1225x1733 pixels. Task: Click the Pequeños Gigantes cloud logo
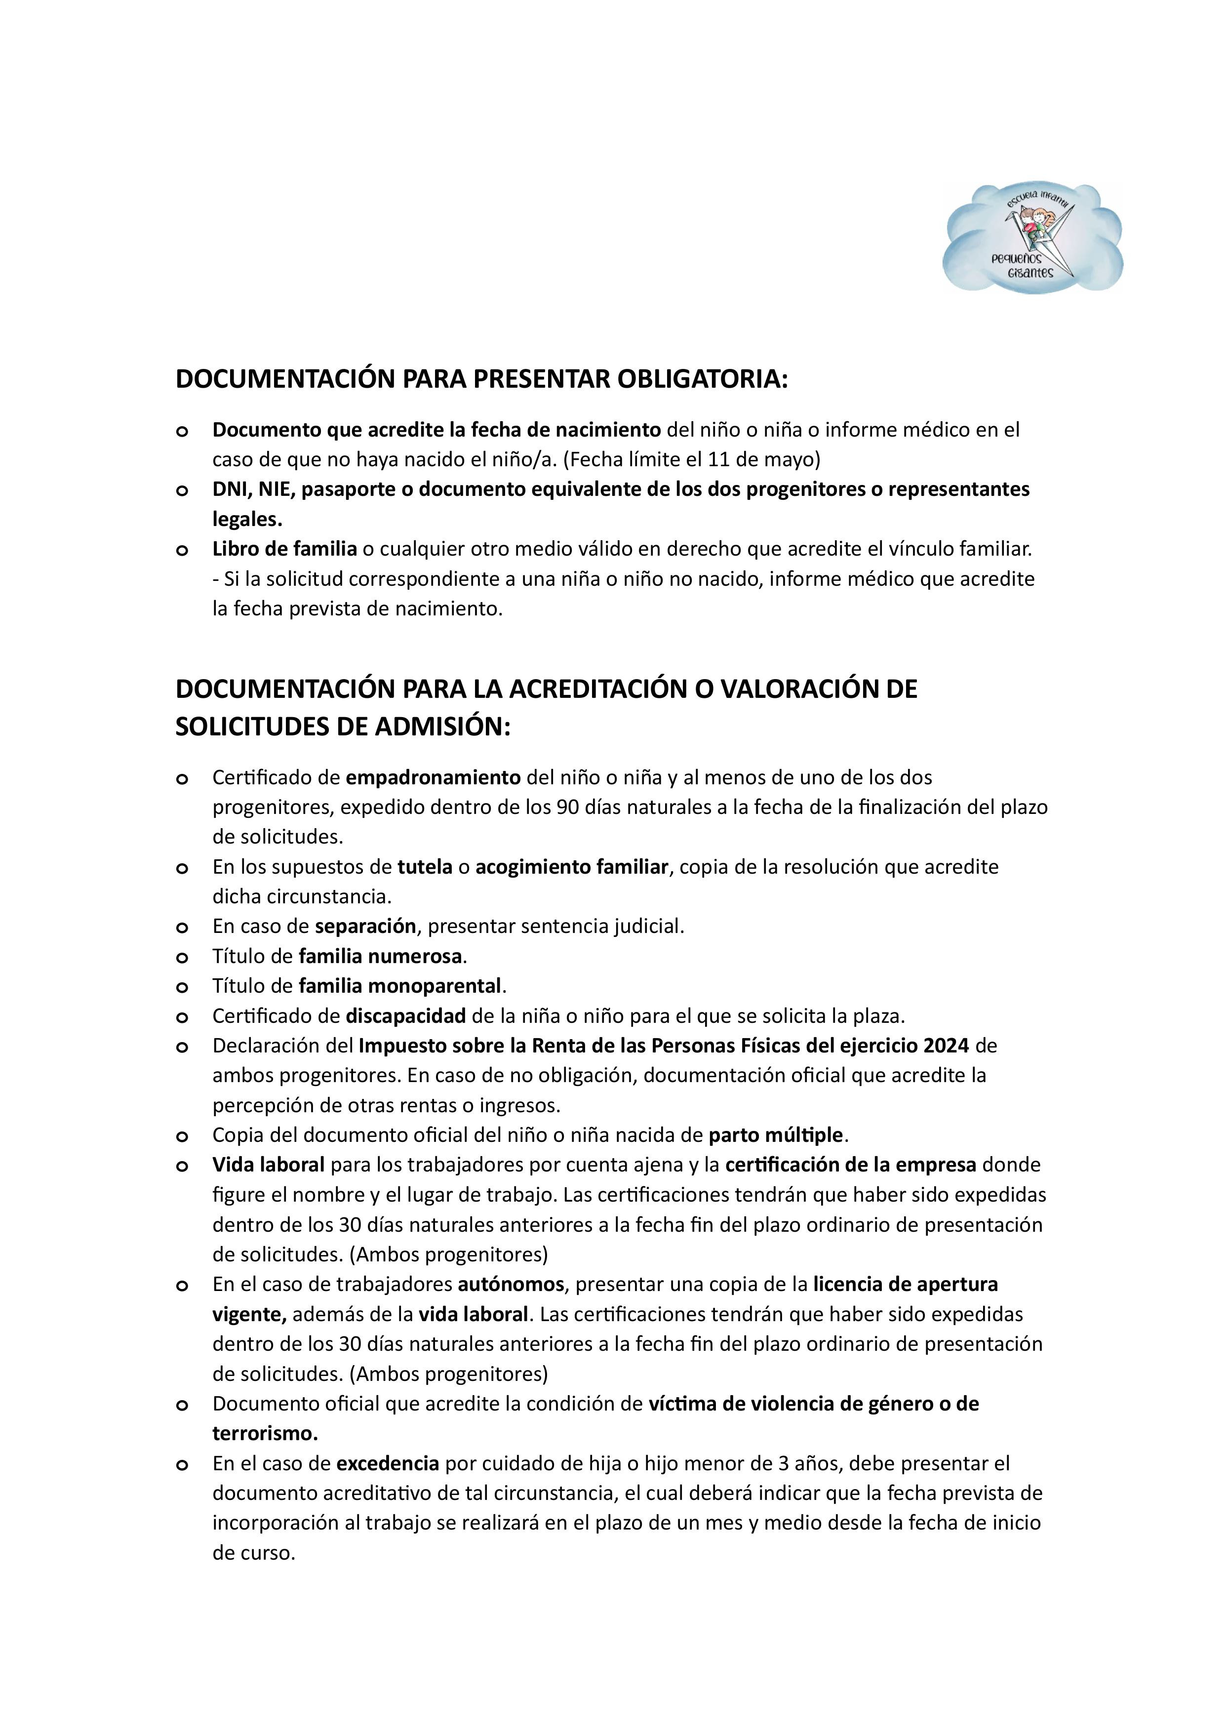pyautogui.click(x=1032, y=238)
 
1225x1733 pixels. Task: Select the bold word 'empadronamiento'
pyautogui.click(x=433, y=777)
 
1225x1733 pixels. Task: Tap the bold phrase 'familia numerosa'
pyautogui.click(x=380, y=956)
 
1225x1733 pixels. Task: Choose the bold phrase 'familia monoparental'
pyautogui.click(x=400, y=986)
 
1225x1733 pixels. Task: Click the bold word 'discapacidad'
pyautogui.click(x=405, y=1016)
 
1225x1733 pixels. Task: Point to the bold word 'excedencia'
pyautogui.click(x=387, y=1463)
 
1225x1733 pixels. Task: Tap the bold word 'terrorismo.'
pyautogui.click(x=265, y=1433)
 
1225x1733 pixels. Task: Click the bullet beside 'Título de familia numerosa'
pyautogui.click(x=181, y=958)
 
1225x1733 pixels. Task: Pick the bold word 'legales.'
pyautogui.click(x=247, y=519)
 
